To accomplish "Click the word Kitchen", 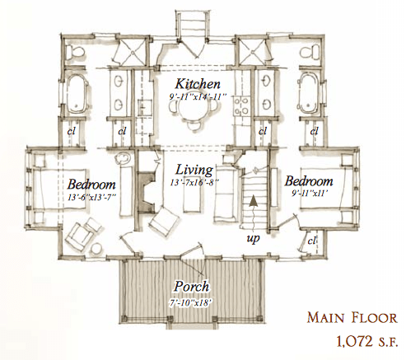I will point(198,85).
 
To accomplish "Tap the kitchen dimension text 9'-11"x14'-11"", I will point(198,96).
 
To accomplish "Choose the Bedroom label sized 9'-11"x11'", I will point(309,180).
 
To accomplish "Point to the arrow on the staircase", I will point(254,198).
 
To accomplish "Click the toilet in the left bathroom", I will point(76,52).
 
